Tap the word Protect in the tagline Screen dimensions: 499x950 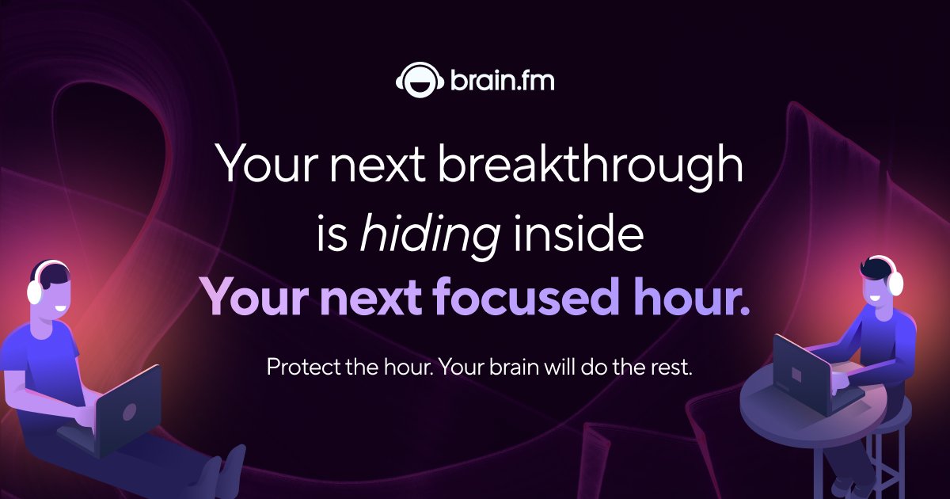click(302, 368)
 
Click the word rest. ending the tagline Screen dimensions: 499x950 click(671, 368)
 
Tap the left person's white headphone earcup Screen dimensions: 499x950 click(34, 291)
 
